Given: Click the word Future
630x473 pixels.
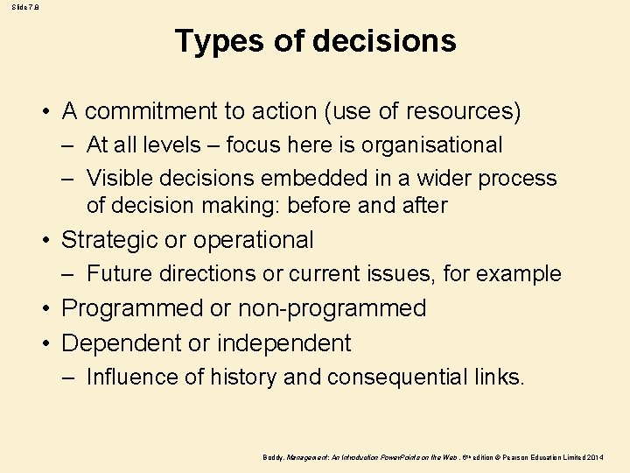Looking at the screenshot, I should [x=121, y=273].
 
